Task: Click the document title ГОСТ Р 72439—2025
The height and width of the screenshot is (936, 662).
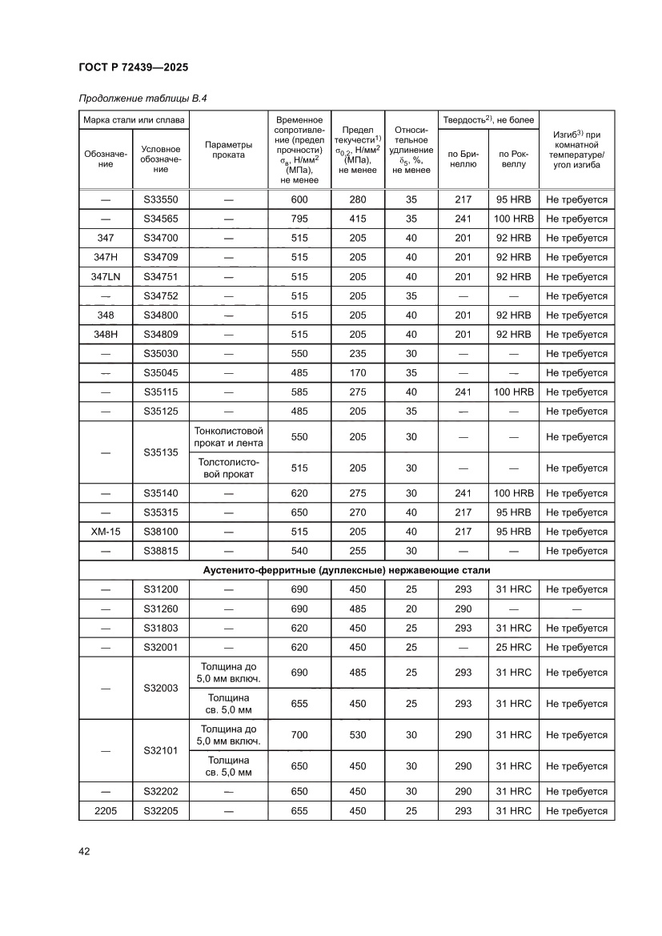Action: [134, 68]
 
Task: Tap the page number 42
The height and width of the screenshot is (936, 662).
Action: [84, 851]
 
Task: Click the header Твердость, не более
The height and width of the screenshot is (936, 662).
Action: [487, 119]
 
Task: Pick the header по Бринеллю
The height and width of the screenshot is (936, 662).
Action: [462, 159]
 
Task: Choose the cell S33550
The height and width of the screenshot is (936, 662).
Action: [161, 200]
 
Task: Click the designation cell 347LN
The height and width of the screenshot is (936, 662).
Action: [105, 277]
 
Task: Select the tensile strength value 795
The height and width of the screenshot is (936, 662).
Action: [299, 219]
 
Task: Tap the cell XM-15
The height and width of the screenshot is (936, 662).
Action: [105, 532]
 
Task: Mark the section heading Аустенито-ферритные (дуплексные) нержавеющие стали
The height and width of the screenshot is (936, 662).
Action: [347, 570]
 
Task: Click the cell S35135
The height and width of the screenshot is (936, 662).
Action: [161, 452]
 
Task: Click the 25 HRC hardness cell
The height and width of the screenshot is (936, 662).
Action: [513, 647]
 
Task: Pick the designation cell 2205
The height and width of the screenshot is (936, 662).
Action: [105, 811]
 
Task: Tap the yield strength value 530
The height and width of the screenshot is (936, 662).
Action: [358, 735]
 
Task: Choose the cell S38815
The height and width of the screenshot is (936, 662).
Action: [161, 551]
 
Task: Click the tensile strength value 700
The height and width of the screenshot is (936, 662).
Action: [299, 735]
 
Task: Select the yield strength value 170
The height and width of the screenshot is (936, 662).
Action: [358, 373]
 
